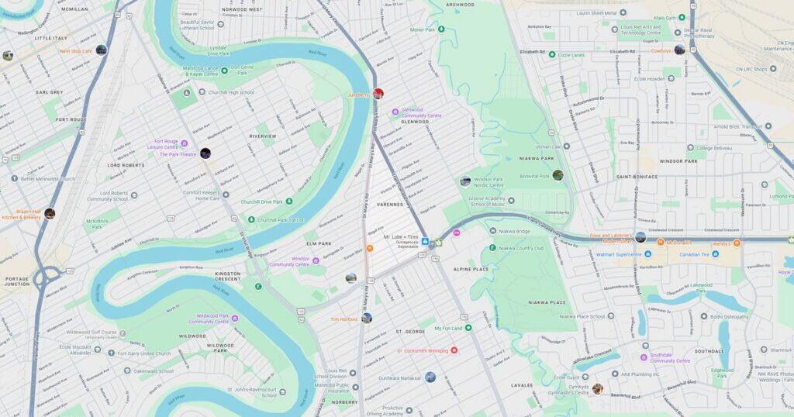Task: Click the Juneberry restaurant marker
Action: pyautogui.click(x=378, y=94)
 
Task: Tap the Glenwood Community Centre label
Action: pyautogui.click(x=422, y=113)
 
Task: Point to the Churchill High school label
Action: pyautogui.click(x=231, y=92)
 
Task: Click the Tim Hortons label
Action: pyautogui.click(x=344, y=319)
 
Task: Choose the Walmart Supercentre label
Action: pyautogui.click(x=619, y=254)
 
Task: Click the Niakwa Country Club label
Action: pyautogui.click(x=522, y=248)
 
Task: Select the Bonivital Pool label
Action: pyautogui.click(x=533, y=176)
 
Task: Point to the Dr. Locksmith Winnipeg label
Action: pyautogui.click(x=423, y=350)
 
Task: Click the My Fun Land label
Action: pyautogui.click(x=448, y=328)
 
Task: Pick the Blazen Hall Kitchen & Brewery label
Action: pyautogui.click(x=21, y=214)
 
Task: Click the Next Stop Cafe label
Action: pyautogui.click(x=76, y=51)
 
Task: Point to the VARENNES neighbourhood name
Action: pyautogui.click(x=389, y=205)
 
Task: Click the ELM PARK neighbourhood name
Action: pyautogui.click(x=319, y=243)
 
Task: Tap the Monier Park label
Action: pyautogui.click(x=423, y=29)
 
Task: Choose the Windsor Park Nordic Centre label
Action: pyautogui.click(x=488, y=183)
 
